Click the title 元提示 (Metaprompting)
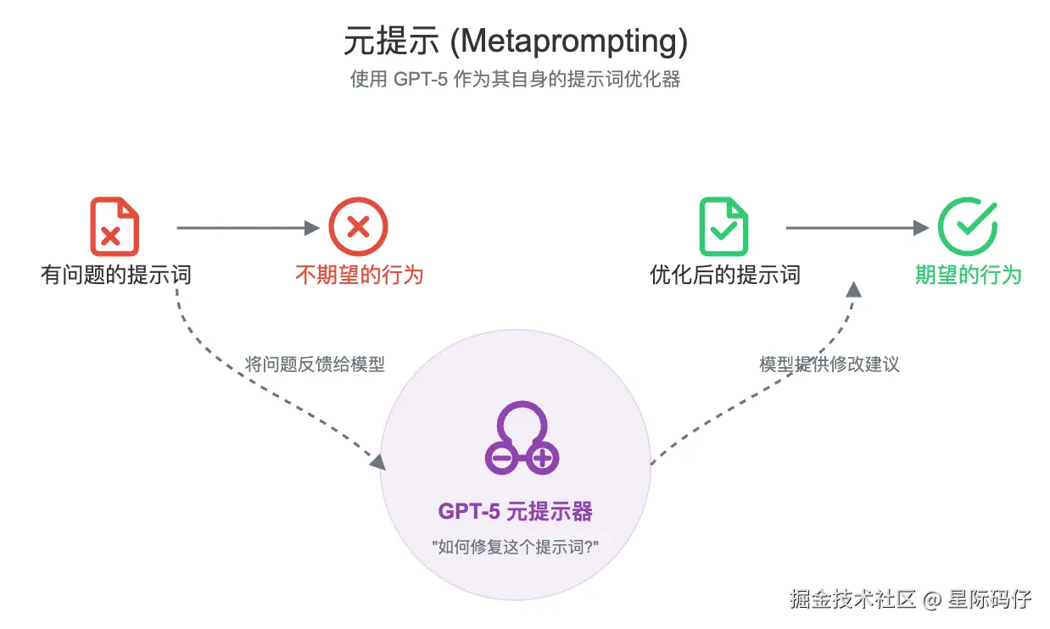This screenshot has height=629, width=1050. (x=516, y=40)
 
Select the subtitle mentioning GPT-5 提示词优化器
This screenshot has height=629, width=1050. (x=516, y=80)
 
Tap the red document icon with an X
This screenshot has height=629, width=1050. (x=114, y=226)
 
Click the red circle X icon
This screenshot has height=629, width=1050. (x=358, y=226)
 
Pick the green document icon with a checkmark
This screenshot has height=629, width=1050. (x=723, y=226)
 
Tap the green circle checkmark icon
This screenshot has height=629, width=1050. (x=967, y=226)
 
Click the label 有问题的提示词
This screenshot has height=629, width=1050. (x=115, y=275)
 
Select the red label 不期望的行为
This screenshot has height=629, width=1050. (x=359, y=275)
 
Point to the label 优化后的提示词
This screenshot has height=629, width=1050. (x=724, y=275)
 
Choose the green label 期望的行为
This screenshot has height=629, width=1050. (x=968, y=275)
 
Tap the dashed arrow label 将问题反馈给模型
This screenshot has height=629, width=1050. (x=315, y=365)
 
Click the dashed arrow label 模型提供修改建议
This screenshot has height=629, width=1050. (x=829, y=365)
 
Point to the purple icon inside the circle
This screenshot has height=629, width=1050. (x=522, y=439)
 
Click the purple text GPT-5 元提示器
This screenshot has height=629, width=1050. (x=516, y=511)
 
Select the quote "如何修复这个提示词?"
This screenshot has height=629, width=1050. (x=516, y=547)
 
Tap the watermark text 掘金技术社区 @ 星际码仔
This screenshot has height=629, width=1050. (x=910, y=599)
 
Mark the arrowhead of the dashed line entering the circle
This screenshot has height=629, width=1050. (x=377, y=461)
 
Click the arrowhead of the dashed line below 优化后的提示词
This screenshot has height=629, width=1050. (x=853, y=289)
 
